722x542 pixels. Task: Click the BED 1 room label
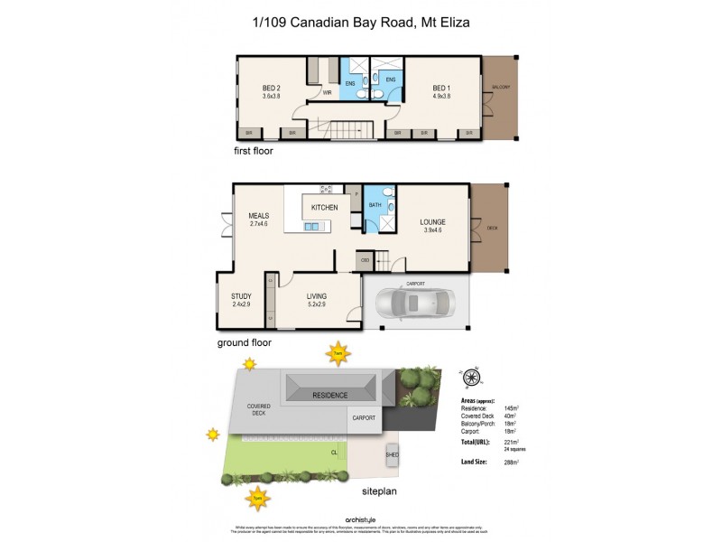coord(441,87)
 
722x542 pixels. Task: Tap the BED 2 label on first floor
coord(272,88)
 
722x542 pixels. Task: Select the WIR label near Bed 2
coord(327,92)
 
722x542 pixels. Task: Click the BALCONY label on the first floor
coord(501,87)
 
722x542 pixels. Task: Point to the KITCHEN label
coord(324,208)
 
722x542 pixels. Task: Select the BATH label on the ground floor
coord(375,206)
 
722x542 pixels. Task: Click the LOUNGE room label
coord(432,221)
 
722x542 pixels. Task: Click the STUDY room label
coord(241,296)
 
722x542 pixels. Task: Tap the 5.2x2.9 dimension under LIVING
coord(316,305)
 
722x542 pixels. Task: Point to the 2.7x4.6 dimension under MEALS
coord(260,225)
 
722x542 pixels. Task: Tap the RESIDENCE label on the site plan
coord(330,396)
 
